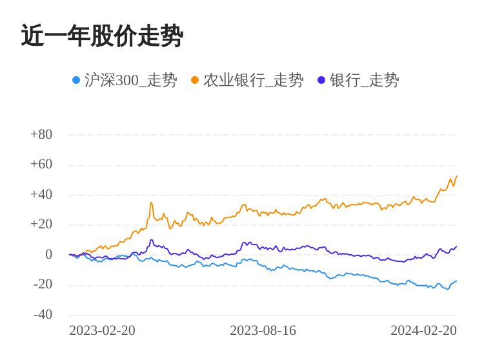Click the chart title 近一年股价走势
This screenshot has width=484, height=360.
tap(102, 36)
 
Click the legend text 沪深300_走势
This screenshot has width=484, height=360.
tap(130, 80)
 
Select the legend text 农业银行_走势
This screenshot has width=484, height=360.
tap(253, 80)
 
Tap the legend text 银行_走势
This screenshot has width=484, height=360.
tap(364, 80)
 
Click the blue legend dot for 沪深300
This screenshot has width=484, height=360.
tap(76, 80)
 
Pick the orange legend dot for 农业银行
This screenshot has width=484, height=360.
tap(195, 80)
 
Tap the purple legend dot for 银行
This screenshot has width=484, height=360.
tap(321, 80)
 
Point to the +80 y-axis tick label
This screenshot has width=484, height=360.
tap(41, 134)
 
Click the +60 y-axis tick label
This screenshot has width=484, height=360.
tap(41, 164)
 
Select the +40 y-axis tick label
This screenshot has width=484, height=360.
tap(41, 194)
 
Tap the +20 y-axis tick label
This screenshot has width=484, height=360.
tap(41, 224)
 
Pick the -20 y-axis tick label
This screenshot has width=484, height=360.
tap(43, 284)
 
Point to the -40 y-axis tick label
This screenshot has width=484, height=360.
tap(43, 314)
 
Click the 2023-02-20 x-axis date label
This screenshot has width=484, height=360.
tap(102, 330)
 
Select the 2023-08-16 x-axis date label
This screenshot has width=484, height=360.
tap(263, 330)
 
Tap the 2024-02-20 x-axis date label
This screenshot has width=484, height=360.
tap(423, 330)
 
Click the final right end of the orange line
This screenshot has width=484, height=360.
tap(456, 176)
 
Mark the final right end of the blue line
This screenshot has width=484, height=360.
tap(456, 281)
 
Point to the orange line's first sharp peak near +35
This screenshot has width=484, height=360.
tap(151, 203)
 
